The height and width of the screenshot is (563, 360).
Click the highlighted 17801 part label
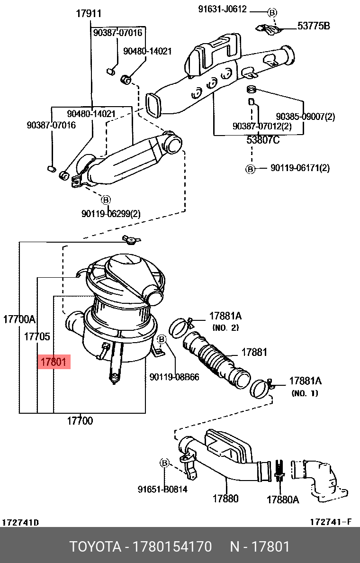coord(54,363)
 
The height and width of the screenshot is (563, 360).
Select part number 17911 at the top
coord(89,14)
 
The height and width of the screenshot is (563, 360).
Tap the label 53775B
coord(313,26)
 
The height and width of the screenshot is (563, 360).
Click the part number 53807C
coord(263,140)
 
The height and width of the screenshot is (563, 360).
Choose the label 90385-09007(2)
coord(305,117)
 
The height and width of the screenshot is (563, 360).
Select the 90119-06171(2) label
coord(300,168)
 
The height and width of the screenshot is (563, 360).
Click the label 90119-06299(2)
coord(111,213)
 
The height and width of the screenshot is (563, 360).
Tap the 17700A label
coord(19,319)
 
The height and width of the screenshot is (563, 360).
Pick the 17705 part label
coord(37,336)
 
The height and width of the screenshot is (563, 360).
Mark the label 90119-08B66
coord(174,377)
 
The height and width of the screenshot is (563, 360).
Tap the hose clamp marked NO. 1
coord(261,388)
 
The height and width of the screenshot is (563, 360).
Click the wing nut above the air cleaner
coord(130,240)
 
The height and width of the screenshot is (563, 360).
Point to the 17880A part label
coord(283,499)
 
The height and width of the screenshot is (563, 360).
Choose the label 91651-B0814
coord(163,489)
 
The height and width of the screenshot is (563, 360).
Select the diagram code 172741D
coord(21,522)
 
